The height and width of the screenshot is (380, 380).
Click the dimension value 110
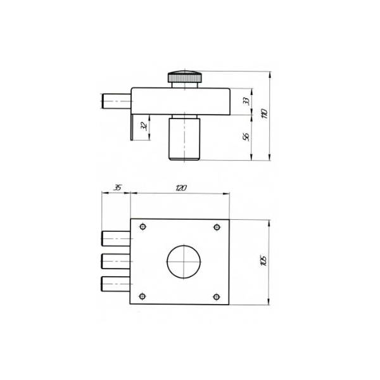(x=265, y=113)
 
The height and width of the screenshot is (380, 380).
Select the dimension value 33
(x=246, y=101)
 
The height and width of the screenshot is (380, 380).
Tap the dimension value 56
(x=246, y=137)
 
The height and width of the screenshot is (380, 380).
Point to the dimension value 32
(x=144, y=126)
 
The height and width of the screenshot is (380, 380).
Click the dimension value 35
(x=117, y=187)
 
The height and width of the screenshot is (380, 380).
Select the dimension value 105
(x=264, y=261)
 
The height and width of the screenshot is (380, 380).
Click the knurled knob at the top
(x=185, y=77)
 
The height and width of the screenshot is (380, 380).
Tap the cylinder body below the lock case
(x=184, y=139)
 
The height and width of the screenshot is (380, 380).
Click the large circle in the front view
(x=184, y=262)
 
